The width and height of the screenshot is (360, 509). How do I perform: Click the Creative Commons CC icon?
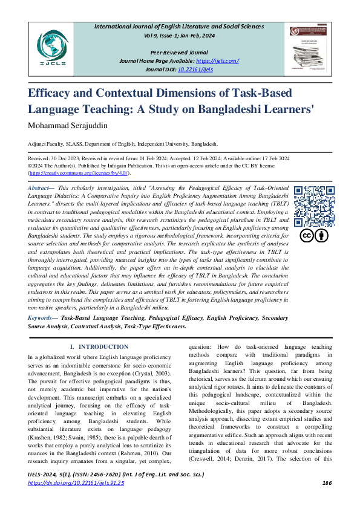[x=307, y=236]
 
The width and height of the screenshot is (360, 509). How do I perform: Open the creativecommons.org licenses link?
[x=79, y=173]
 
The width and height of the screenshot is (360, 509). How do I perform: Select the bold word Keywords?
[x=42, y=317]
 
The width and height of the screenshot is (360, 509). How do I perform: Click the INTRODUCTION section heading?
[x=97, y=346]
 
